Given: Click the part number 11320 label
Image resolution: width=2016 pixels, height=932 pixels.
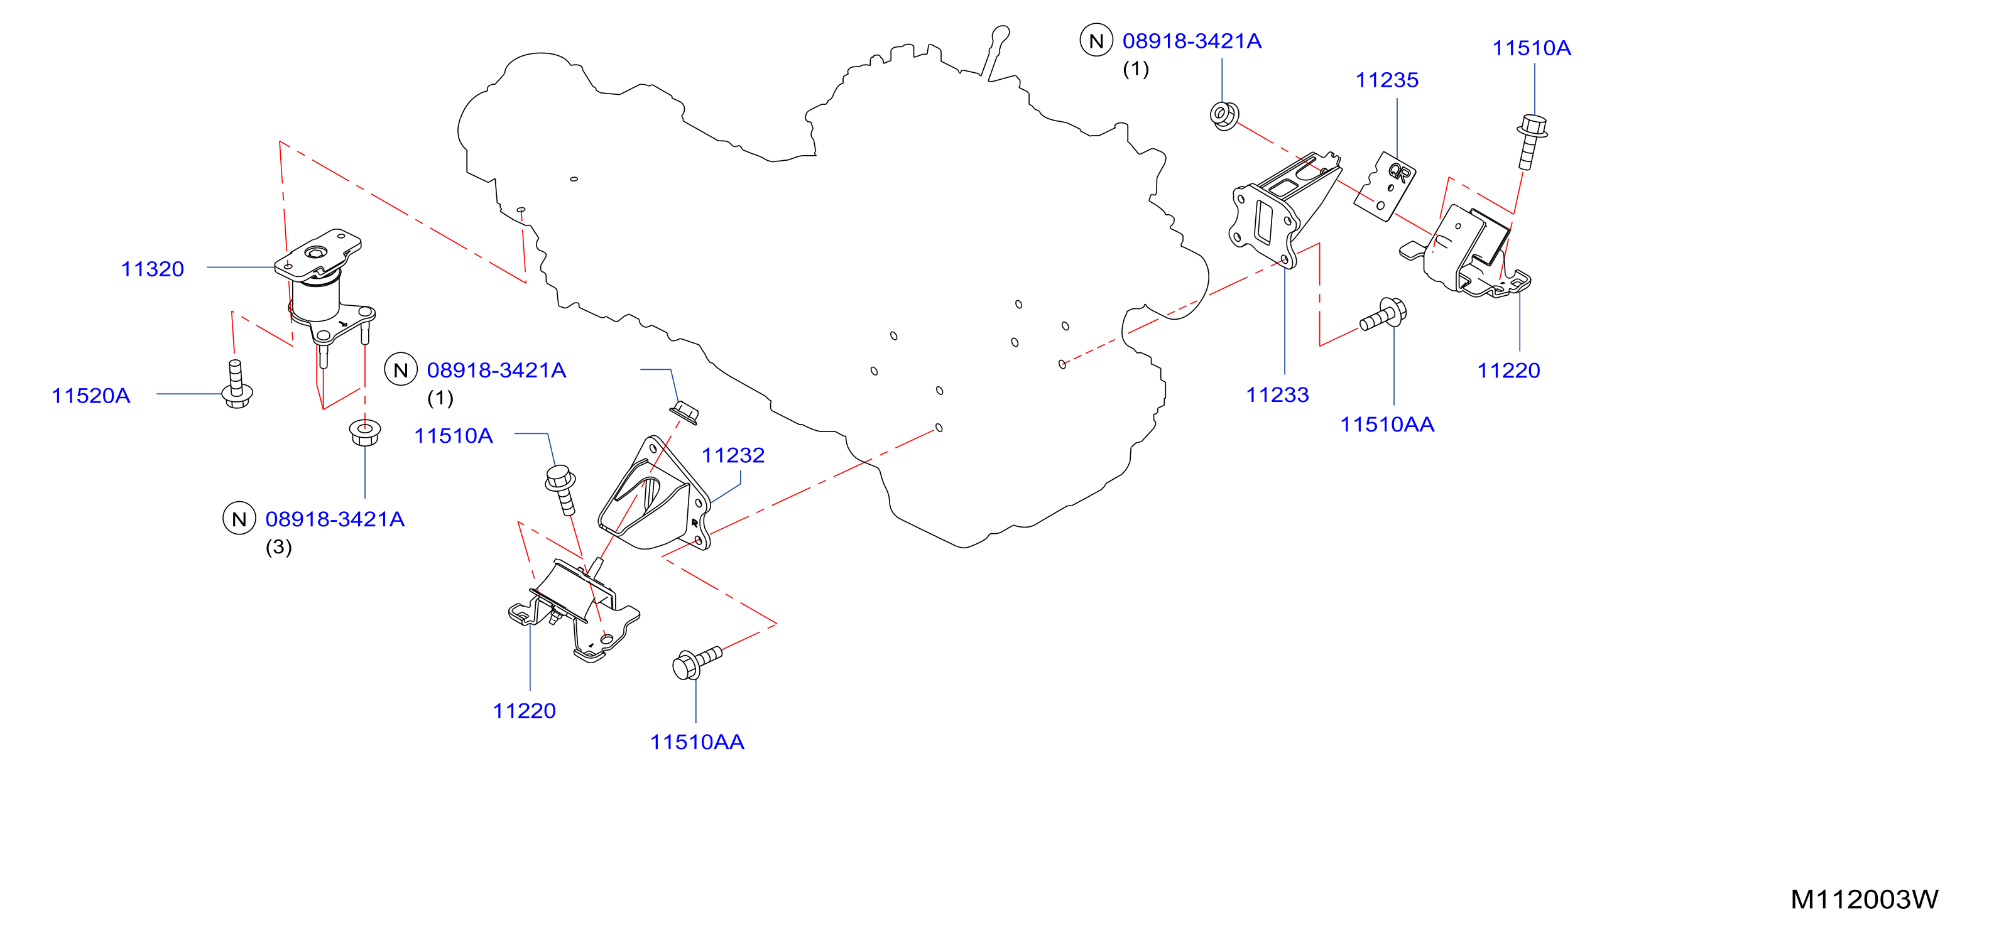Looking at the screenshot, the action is tap(153, 269).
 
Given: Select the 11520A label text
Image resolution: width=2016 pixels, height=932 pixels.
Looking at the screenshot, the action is tap(91, 396).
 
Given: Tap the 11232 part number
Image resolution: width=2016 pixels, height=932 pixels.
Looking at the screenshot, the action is tap(733, 455).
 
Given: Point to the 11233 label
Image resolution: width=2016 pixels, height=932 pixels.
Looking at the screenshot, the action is tap(1277, 395).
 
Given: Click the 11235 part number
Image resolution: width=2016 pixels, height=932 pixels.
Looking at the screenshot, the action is tap(1387, 80).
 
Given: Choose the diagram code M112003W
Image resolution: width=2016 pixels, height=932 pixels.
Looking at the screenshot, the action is tap(1864, 900).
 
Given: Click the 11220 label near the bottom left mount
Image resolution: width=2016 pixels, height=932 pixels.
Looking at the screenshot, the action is tap(525, 712).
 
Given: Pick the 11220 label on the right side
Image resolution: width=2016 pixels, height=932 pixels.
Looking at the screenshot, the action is tap(1508, 371).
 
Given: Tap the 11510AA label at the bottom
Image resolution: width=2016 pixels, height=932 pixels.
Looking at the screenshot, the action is tap(697, 742).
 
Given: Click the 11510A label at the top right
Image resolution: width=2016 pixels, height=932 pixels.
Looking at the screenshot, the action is tap(1532, 48).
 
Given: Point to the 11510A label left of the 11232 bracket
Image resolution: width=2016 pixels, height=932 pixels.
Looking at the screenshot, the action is tap(453, 436).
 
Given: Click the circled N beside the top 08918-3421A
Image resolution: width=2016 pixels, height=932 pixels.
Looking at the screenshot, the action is tap(1096, 41).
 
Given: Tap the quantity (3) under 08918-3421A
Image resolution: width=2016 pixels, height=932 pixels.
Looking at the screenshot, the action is tap(278, 547).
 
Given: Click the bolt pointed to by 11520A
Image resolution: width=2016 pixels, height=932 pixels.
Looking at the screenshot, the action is tap(237, 384).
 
